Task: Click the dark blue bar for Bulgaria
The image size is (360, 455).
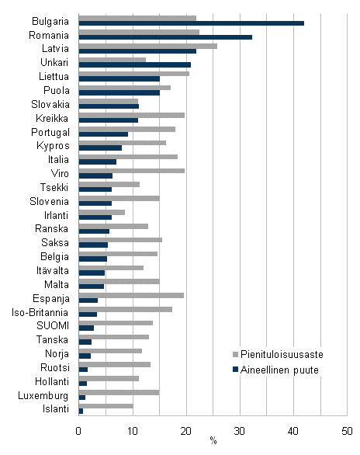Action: coord(191,23)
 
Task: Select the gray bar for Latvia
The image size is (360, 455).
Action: coord(147,46)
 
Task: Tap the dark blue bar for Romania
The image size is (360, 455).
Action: coord(165,37)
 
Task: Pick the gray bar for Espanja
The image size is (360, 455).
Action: coord(131,295)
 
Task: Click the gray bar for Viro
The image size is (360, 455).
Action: coord(131,170)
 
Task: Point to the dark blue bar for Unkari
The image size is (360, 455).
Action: coord(134,65)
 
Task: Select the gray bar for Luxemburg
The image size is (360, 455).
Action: coord(119,392)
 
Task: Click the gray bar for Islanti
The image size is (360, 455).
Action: coord(106,406)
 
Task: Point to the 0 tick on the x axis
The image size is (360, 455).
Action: coord(79,429)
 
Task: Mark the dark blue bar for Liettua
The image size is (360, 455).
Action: coord(119,79)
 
